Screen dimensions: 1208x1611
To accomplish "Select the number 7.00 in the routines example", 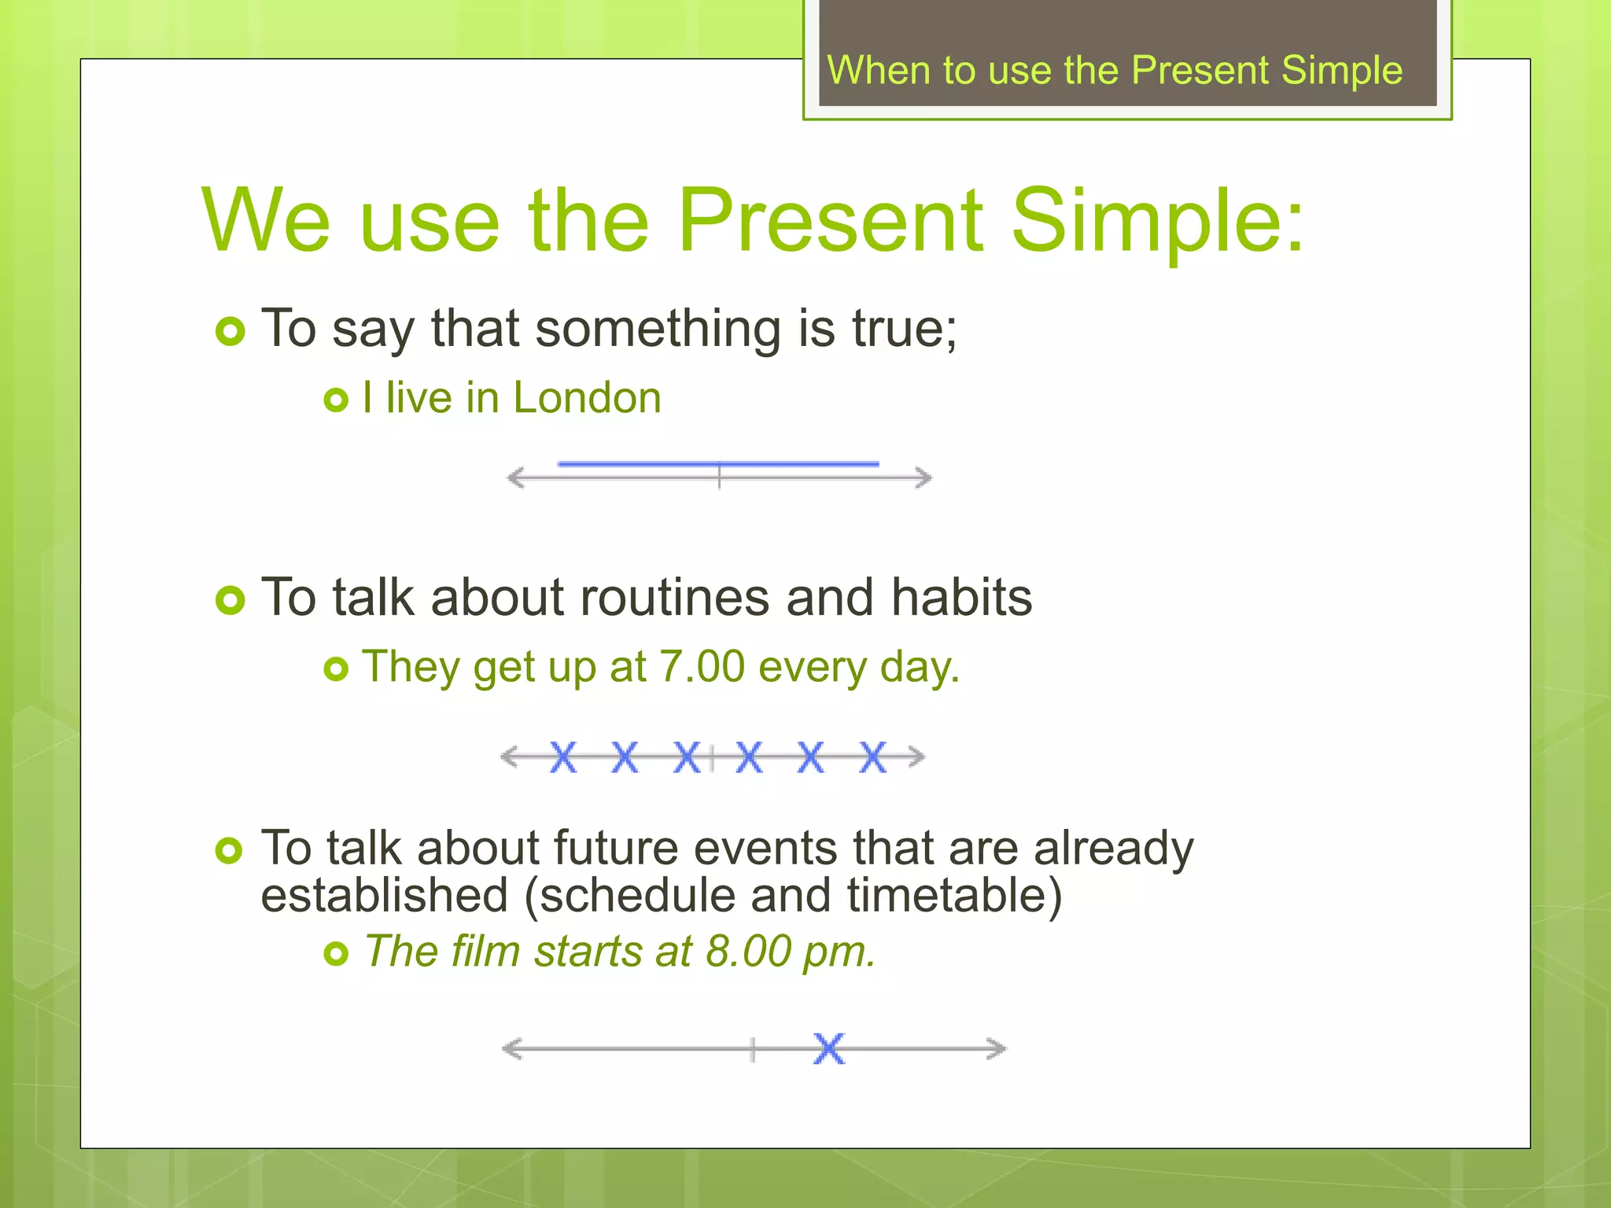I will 702,667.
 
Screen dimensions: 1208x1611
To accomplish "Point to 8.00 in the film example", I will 748,952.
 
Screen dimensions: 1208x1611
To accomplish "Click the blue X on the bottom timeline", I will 829,1048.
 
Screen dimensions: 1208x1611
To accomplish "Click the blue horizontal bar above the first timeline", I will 717,464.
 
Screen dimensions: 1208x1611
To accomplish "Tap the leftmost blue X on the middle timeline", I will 563,757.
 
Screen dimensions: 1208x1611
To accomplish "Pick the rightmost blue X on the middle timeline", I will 872,757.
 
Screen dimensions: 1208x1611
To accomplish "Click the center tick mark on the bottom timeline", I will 753,1049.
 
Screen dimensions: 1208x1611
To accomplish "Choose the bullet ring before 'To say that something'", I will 230,331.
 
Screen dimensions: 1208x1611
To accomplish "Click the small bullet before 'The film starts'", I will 336,954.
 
